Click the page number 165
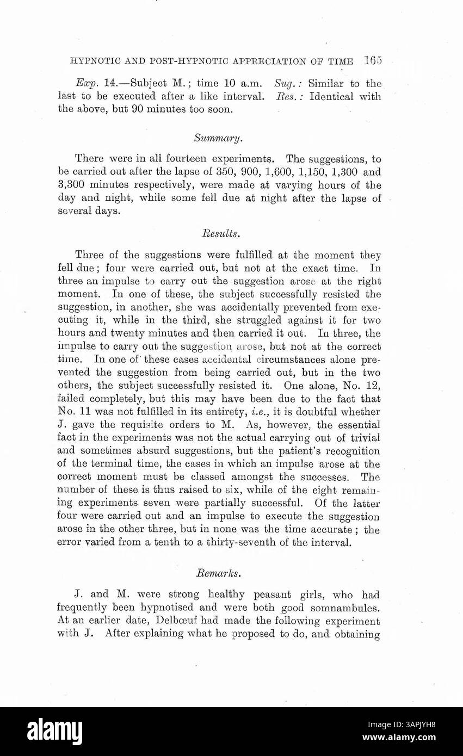[x=374, y=60]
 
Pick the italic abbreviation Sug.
[x=288, y=84]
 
